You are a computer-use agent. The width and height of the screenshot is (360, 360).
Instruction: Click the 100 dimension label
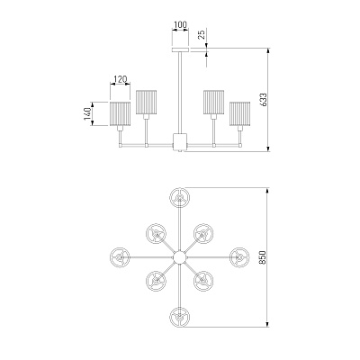(x=180, y=24)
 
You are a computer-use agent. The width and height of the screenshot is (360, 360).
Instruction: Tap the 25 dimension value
(x=202, y=34)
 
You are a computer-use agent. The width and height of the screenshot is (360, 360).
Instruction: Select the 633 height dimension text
(x=263, y=100)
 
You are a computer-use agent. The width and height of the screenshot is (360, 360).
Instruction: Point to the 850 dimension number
(x=262, y=257)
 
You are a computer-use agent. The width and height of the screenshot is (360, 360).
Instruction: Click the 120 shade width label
(x=121, y=79)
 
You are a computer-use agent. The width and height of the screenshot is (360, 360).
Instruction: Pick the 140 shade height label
(x=87, y=114)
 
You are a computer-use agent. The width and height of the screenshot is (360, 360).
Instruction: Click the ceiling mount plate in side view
(x=180, y=49)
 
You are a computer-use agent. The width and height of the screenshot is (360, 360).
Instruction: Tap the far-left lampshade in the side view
(x=120, y=114)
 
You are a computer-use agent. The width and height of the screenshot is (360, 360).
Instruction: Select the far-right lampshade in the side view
(x=240, y=114)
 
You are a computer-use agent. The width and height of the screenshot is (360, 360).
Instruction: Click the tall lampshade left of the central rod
(x=146, y=102)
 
